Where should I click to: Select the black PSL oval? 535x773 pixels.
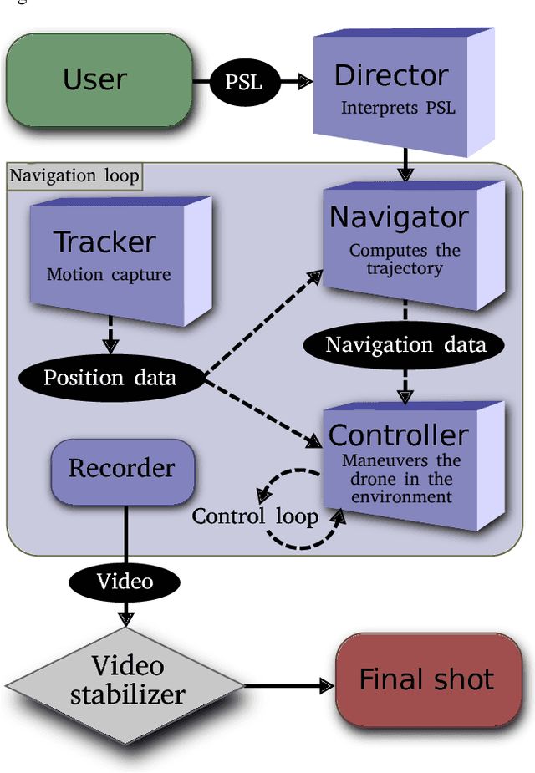pos(243,82)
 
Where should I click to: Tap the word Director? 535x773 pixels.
pos(391,75)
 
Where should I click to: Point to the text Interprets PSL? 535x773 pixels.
pos(398,109)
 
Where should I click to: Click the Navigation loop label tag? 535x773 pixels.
pos(74,176)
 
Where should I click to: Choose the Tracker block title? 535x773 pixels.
pos(104,242)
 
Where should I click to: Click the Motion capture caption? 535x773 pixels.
pos(109,274)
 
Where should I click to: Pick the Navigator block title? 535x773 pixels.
pos(398,217)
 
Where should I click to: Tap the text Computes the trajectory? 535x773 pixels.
pos(405,259)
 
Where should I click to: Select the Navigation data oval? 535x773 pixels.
pos(405,345)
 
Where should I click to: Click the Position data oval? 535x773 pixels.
pos(110,378)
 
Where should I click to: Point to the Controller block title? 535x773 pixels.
pos(398,435)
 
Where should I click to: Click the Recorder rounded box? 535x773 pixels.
pos(122,468)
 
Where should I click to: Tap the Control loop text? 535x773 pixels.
pos(255,516)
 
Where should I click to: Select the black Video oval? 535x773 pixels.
pos(125,580)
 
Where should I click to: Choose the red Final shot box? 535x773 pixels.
pos(426,679)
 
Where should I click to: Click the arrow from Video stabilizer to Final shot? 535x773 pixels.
pos(288,686)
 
